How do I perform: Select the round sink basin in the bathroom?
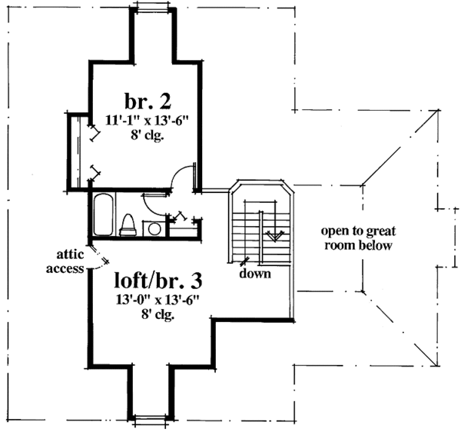click(154, 228)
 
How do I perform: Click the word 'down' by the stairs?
click(254, 274)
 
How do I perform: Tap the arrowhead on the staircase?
click(270, 234)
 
